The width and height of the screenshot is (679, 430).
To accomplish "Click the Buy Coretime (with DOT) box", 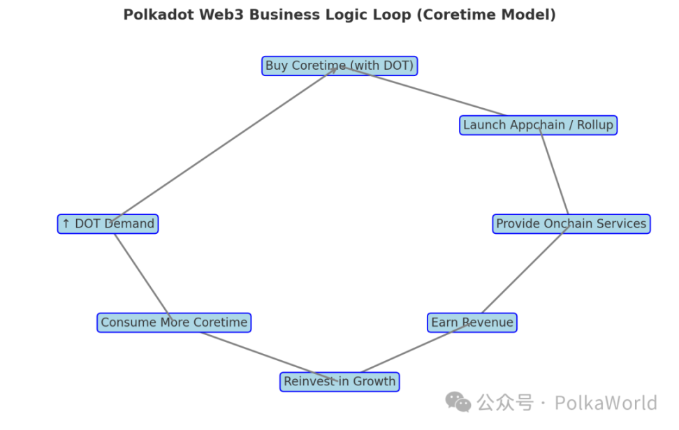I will (x=339, y=66).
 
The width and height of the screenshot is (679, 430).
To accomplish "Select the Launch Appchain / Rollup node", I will (x=538, y=126).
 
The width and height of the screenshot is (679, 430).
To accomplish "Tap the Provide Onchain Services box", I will (x=571, y=224).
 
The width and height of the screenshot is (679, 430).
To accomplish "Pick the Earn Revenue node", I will (x=472, y=322).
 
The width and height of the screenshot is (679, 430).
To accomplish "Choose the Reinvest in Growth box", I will (x=339, y=382).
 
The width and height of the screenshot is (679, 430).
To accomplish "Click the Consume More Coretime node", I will (x=174, y=322).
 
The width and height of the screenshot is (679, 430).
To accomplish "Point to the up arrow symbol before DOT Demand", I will (x=66, y=224).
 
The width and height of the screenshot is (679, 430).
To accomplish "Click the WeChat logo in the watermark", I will (x=458, y=401).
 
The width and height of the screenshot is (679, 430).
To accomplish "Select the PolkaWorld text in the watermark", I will (x=606, y=403).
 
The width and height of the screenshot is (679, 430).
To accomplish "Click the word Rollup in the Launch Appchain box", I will (x=594, y=126).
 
